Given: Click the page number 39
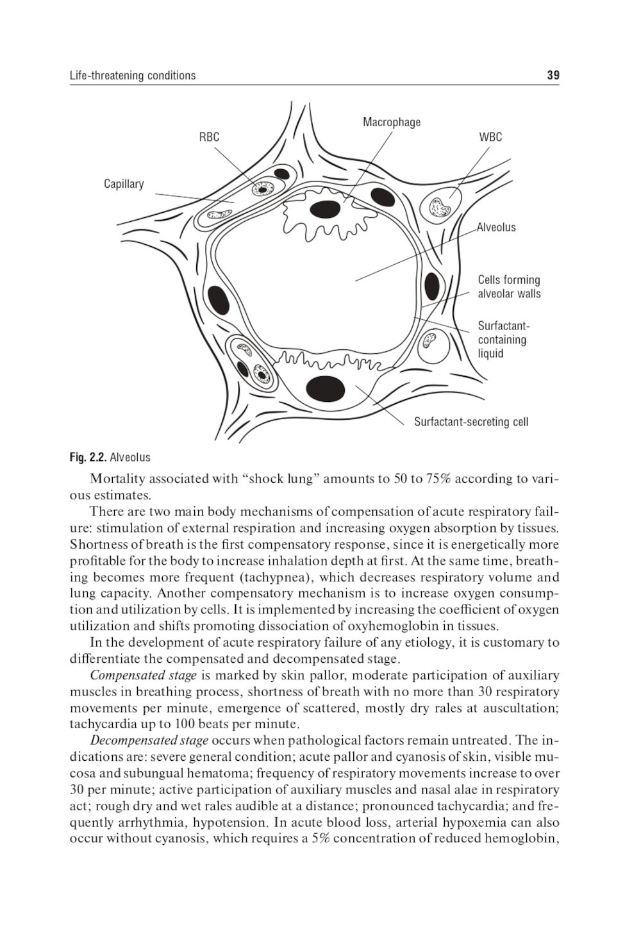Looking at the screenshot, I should (553, 76).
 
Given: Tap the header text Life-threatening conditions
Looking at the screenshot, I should (133, 76).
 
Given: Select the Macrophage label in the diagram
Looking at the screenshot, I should (392, 122).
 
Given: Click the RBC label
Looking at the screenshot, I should (209, 137).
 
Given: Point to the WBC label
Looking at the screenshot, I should (490, 137).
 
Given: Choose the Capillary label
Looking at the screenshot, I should (124, 184).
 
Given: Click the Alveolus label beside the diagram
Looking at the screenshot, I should (496, 227).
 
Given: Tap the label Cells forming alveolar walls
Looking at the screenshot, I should (509, 287).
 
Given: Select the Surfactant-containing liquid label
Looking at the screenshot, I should (503, 339).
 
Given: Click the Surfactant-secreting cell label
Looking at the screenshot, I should (471, 422).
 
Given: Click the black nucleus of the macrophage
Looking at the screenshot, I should (325, 209).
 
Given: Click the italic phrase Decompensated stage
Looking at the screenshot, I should (149, 740).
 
